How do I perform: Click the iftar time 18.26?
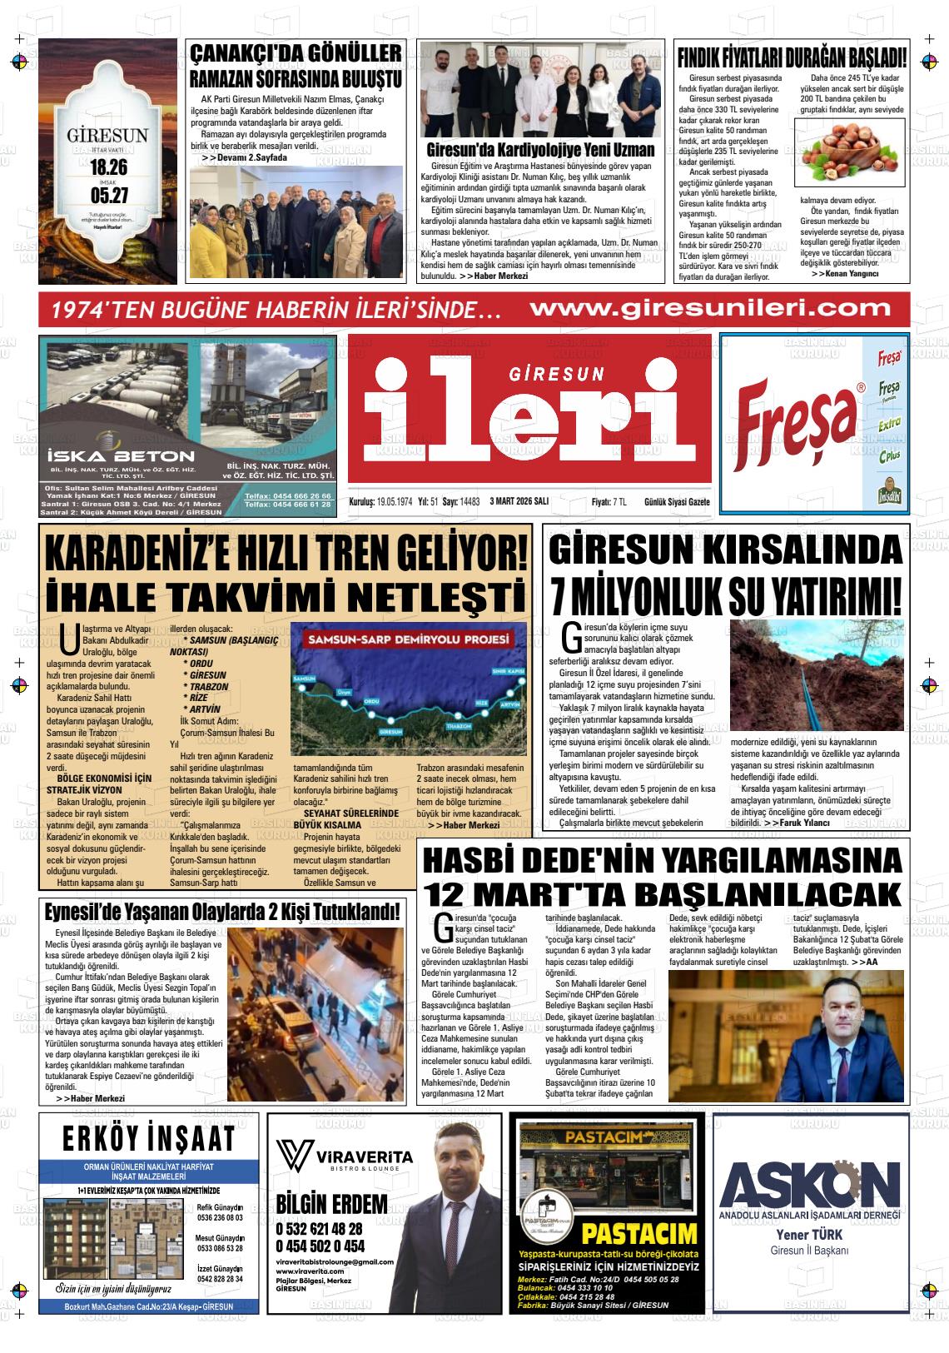tap(107, 167)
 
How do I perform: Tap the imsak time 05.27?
tap(107, 196)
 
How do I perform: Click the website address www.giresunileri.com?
tap(710, 308)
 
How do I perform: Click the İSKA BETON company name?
tap(122, 456)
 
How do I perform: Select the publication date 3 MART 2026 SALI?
tap(519, 502)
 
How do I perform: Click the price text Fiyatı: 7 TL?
tap(609, 502)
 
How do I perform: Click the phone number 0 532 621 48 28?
tap(319, 1229)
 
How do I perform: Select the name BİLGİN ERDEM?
tap(331, 1204)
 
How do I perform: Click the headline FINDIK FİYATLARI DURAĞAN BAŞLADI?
tap(792, 58)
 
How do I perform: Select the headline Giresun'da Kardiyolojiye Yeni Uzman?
tap(540, 151)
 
